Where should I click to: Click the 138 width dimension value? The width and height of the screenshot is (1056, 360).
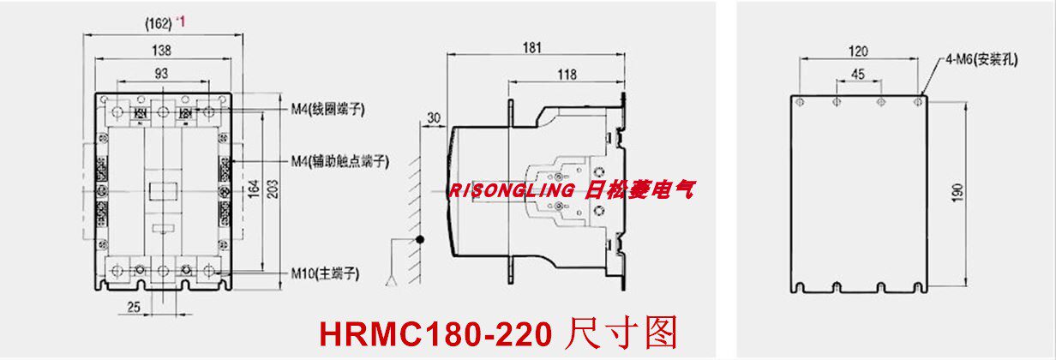pyautogui.click(x=161, y=51)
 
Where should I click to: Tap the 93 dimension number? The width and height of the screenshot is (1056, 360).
pyautogui.click(x=161, y=75)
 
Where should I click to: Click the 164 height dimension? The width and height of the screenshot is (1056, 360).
pyautogui.click(x=254, y=189)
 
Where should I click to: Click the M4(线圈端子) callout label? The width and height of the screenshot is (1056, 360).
pyautogui.click(x=329, y=109)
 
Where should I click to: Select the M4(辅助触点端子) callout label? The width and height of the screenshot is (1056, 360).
pyautogui.click(x=340, y=160)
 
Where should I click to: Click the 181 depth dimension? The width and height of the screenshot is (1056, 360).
pyautogui.click(x=532, y=48)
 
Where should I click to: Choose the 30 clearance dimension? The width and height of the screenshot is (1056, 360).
pyautogui.click(x=432, y=117)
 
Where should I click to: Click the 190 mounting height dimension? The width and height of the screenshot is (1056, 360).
pyautogui.click(x=957, y=192)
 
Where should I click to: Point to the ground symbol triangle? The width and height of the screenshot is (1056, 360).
pyautogui.click(x=393, y=279)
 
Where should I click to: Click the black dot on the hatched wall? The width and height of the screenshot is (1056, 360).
pyautogui.click(x=420, y=240)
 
